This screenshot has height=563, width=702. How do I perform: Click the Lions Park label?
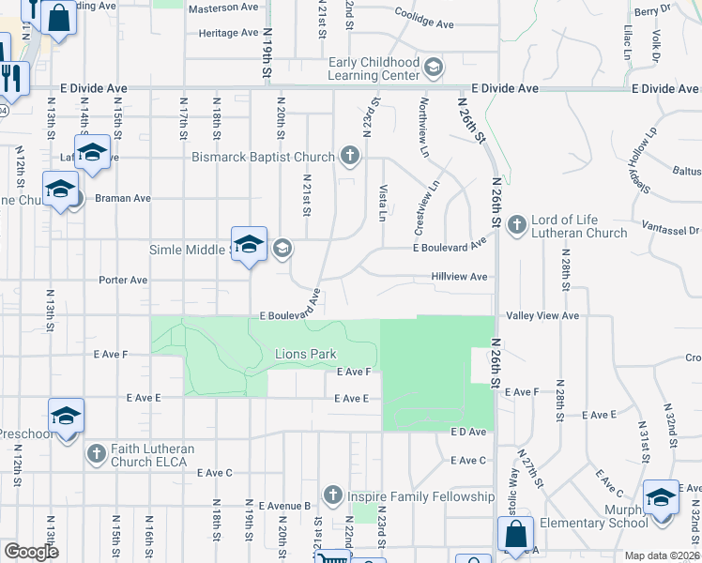pyautogui.click(x=304, y=354)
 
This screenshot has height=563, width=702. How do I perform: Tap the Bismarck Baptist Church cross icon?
pyautogui.click(x=350, y=156)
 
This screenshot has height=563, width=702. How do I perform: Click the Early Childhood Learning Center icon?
pyautogui.click(x=434, y=68)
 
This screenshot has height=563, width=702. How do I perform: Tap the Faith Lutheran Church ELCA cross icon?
pyautogui.click(x=97, y=454)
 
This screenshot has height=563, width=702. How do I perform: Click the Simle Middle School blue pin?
pyautogui.click(x=249, y=246)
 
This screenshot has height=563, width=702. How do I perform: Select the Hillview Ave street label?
pyautogui.click(x=459, y=277)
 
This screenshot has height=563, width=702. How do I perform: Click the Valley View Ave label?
pyautogui.click(x=542, y=316)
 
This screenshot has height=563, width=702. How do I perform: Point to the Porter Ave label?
pyautogui.click(x=124, y=280)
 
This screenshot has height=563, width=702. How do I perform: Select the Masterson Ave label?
pyautogui.click(x=222, y=8)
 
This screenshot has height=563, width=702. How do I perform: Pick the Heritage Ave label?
pyautogui.click(x=222, y=33)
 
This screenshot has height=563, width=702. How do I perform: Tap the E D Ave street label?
pyautogui.click(x=468, y=432)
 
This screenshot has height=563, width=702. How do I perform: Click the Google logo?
pyautogui.click(x=31, y=552)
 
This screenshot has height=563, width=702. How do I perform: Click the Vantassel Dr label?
pyautogui.click(x=671, y=230)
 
